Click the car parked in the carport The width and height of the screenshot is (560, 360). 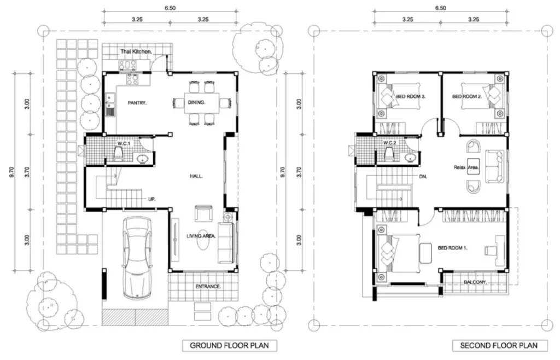(x=136, y=258)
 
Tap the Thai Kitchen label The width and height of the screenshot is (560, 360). (x=136, y=52)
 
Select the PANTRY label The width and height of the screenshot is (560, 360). (x=137, y=103)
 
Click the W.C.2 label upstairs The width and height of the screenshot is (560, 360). (x=389, y=143)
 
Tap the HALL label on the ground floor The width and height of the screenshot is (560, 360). (x=196, y=176)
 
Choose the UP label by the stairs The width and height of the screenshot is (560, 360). (x=152, y=199)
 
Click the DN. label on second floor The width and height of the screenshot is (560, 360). (x=423, y=176)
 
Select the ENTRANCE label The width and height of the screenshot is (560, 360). (x=208, y=287)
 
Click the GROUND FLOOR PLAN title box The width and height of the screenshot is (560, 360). (x=230, y=345)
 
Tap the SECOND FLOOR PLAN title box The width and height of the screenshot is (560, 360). (x=499, y=345)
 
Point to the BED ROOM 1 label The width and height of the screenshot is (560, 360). (x=453, y=248)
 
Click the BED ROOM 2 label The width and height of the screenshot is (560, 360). (x=467, y=96)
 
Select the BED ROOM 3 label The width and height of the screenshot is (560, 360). (x=411, y=96)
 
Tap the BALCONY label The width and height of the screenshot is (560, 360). (x=475, y=282)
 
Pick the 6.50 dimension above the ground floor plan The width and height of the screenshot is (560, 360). (x=170, y=8)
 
